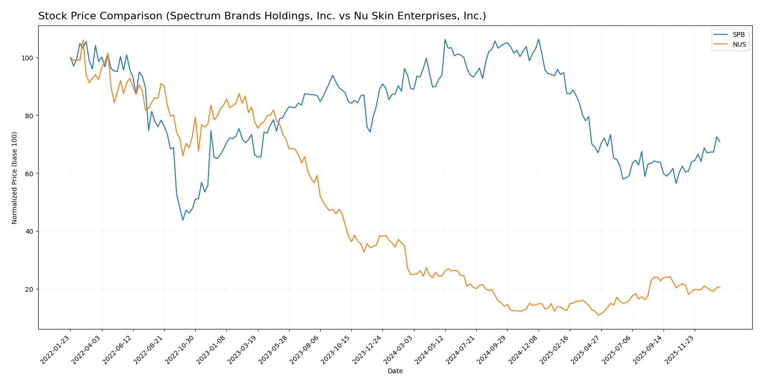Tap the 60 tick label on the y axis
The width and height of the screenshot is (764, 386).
[29, 173]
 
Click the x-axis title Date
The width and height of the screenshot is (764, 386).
[395, 371]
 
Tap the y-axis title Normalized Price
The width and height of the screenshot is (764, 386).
[15, 178]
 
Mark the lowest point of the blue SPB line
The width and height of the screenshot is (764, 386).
[183, 220]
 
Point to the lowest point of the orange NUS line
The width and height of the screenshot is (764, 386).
[598, 315]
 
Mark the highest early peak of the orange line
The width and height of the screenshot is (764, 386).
[83, 41]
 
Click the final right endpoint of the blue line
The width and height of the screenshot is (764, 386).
[720, 142]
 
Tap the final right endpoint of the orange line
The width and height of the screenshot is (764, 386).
[720, 287]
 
